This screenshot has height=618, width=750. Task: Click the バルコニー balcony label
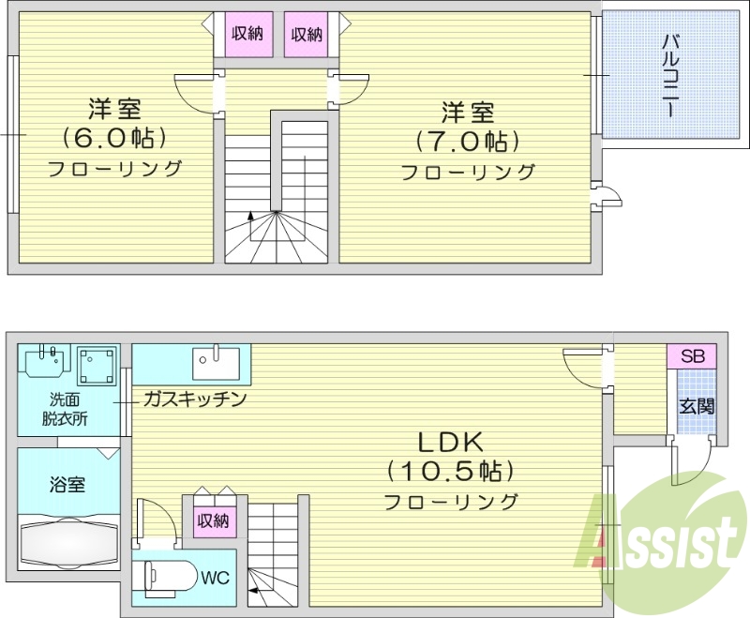[x=671, y=75]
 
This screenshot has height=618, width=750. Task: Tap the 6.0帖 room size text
[x=115, y=138]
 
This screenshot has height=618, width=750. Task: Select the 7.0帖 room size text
[x=468, y=142]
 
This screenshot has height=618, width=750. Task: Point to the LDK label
[x=449, y=441]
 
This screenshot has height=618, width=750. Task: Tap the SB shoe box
[x=692, y=356]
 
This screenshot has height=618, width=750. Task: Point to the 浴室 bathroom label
[x=67, y=485]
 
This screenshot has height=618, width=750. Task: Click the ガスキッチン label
[x=194, y=399]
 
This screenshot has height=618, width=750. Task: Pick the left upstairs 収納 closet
[x=247, y=35]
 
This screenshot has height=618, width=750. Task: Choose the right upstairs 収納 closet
[x=306, y=35]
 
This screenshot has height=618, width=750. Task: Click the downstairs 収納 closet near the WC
[x=213, y=520]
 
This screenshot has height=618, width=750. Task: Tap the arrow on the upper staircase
[x=250, y=217]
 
